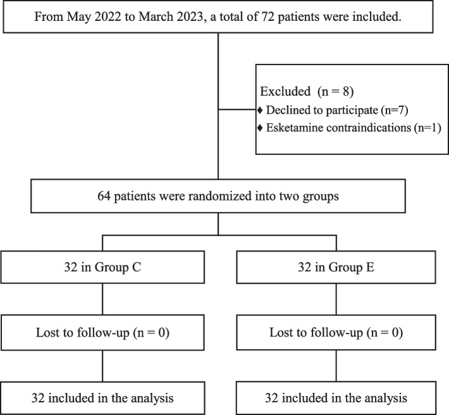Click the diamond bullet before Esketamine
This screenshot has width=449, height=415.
point(260,129)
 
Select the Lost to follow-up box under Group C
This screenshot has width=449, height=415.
point(102,333)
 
